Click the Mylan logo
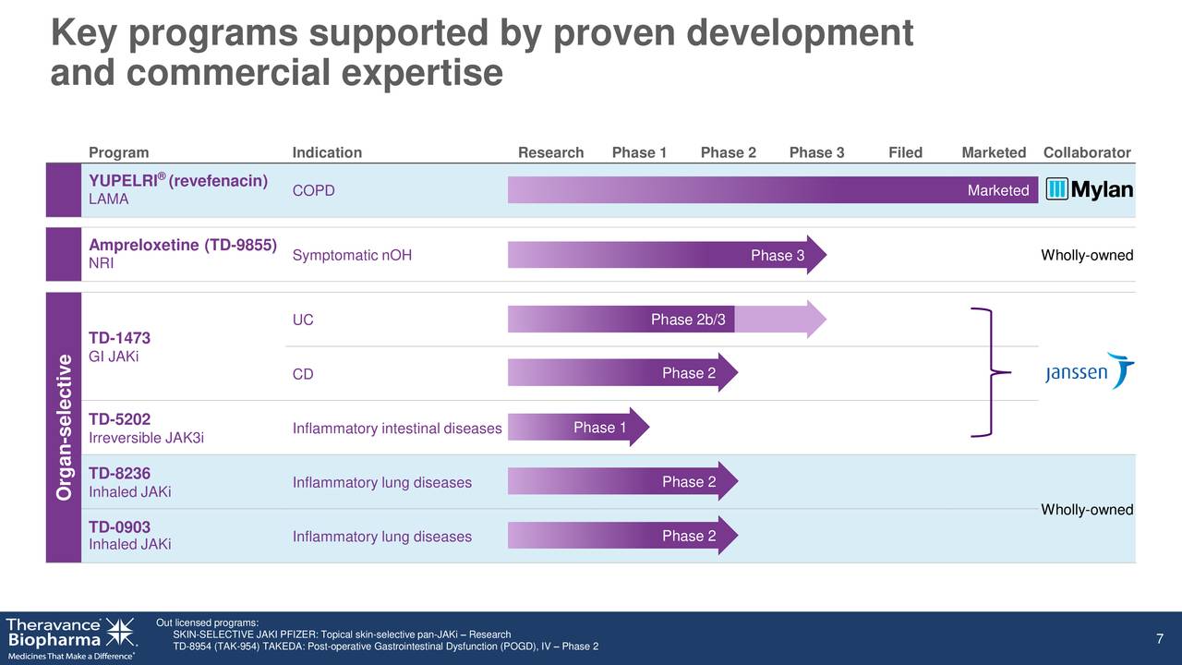pos(1090,189)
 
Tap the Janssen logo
pos(1090,371)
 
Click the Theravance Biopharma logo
pos(70,637)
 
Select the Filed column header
pos(905,152)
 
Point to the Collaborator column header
pos(1087,152)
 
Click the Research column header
pos(550,152)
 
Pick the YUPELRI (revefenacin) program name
pos(178,180)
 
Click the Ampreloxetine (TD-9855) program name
pos(183,245)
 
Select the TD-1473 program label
pos(119,338)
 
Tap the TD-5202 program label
pos(119,418)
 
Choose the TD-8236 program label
pos(119,473)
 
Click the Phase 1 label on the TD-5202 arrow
pos(599,427)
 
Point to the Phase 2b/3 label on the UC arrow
pos(688,320)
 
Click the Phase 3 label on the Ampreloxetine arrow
pos(777,256)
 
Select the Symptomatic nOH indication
pos(352,256)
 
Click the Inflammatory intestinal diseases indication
pos(396,428)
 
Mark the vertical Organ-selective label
pos(64,427)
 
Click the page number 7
pos(1159,640)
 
